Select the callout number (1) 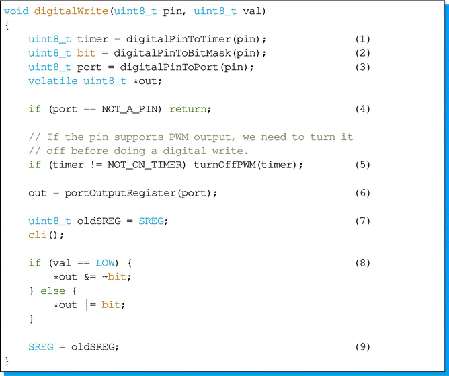pos(362,39)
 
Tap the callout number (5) pos(362,165)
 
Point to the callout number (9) pos(362,347)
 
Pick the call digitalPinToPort pos(163,67)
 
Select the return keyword pos(188,109)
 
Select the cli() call pos(39,235)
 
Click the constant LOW pos(105,263)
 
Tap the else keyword pos(53,291)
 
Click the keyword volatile pos(52,81)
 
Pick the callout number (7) pos(362,221)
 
